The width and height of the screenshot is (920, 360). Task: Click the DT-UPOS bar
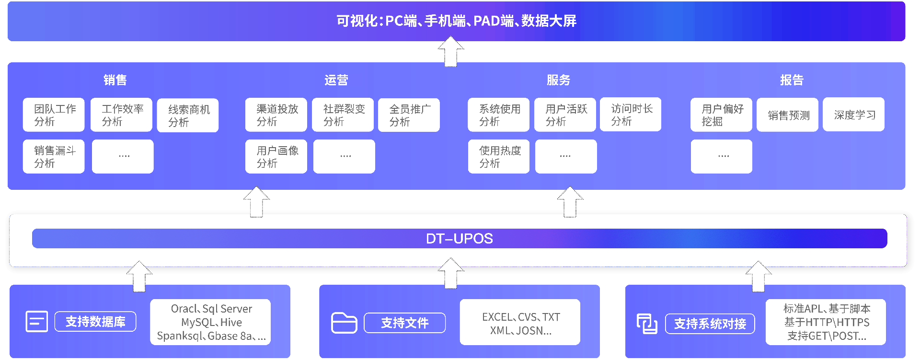[459, 238]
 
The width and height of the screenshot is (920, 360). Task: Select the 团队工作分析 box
[54, 115]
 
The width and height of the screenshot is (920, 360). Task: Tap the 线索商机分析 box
[188, 116]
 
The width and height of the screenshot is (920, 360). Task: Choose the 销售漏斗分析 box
[54, 157]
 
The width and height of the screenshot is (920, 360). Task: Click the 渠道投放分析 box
[276, 115]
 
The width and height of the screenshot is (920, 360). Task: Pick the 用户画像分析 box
[276, 157]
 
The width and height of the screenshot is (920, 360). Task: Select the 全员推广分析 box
[409, 115]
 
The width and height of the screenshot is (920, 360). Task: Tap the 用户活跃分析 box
[565, 115]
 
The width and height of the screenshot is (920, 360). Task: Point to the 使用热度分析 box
[499, 157]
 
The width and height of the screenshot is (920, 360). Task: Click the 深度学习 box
[853, 115]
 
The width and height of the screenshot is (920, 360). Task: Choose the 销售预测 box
[787, 115]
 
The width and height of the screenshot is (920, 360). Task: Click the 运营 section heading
[336, 80]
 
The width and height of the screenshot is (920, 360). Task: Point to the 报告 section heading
[791, 80]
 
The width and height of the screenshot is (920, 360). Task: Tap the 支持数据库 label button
[95, 322]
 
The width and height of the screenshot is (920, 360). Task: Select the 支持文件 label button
[404, 323]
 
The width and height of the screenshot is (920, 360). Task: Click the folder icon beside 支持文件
[344, 323]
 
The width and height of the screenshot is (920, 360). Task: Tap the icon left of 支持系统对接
[646, 324]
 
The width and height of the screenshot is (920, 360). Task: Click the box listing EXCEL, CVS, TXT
[520, 323]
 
